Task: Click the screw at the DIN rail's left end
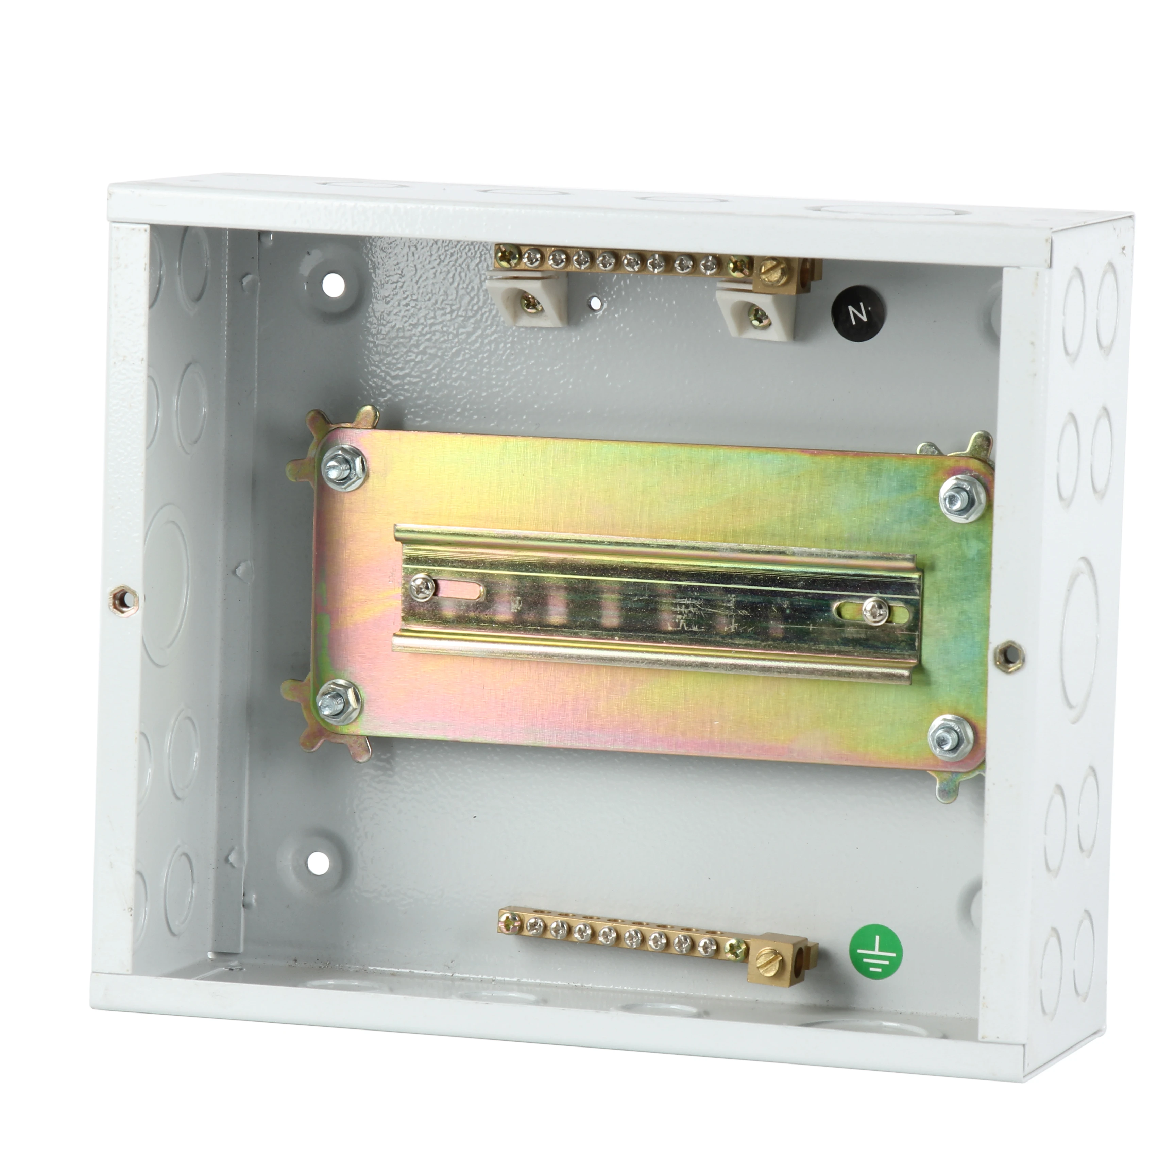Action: [422, 586]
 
